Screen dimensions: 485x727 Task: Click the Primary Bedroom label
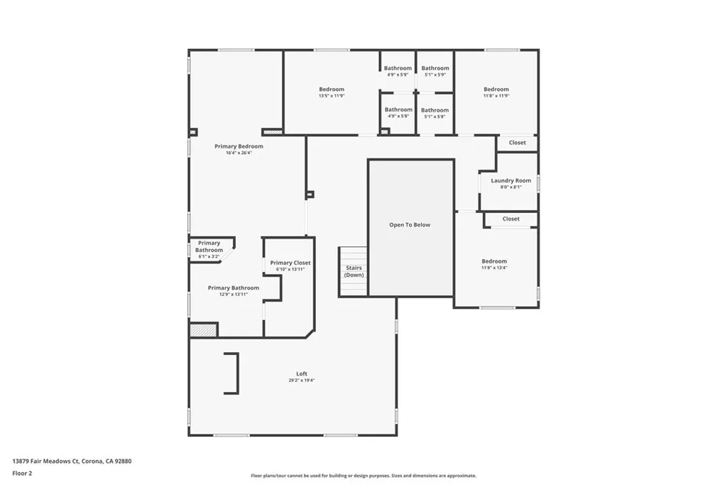pos(239,146)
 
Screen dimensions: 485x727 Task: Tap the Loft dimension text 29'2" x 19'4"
pos(302,381)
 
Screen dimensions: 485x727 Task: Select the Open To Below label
pos(410,225)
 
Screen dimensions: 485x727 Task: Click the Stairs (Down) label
pos(354,271)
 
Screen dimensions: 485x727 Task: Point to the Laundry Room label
pos(510,180)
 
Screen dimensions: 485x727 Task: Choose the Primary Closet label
pos(290,263)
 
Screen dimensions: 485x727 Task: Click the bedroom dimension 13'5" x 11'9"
pos(332,96)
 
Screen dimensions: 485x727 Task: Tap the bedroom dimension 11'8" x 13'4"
pos(494,268)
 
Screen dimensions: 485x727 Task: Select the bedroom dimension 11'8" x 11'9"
pos(496,96)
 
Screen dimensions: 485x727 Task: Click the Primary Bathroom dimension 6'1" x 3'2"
pos(209,256)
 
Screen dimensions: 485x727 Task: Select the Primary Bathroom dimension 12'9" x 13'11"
pos(234,294)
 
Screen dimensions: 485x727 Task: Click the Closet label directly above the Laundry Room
pos(518,143)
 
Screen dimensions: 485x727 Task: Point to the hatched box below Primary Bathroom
pos(204,330)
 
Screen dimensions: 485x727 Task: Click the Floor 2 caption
pos(23,473)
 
